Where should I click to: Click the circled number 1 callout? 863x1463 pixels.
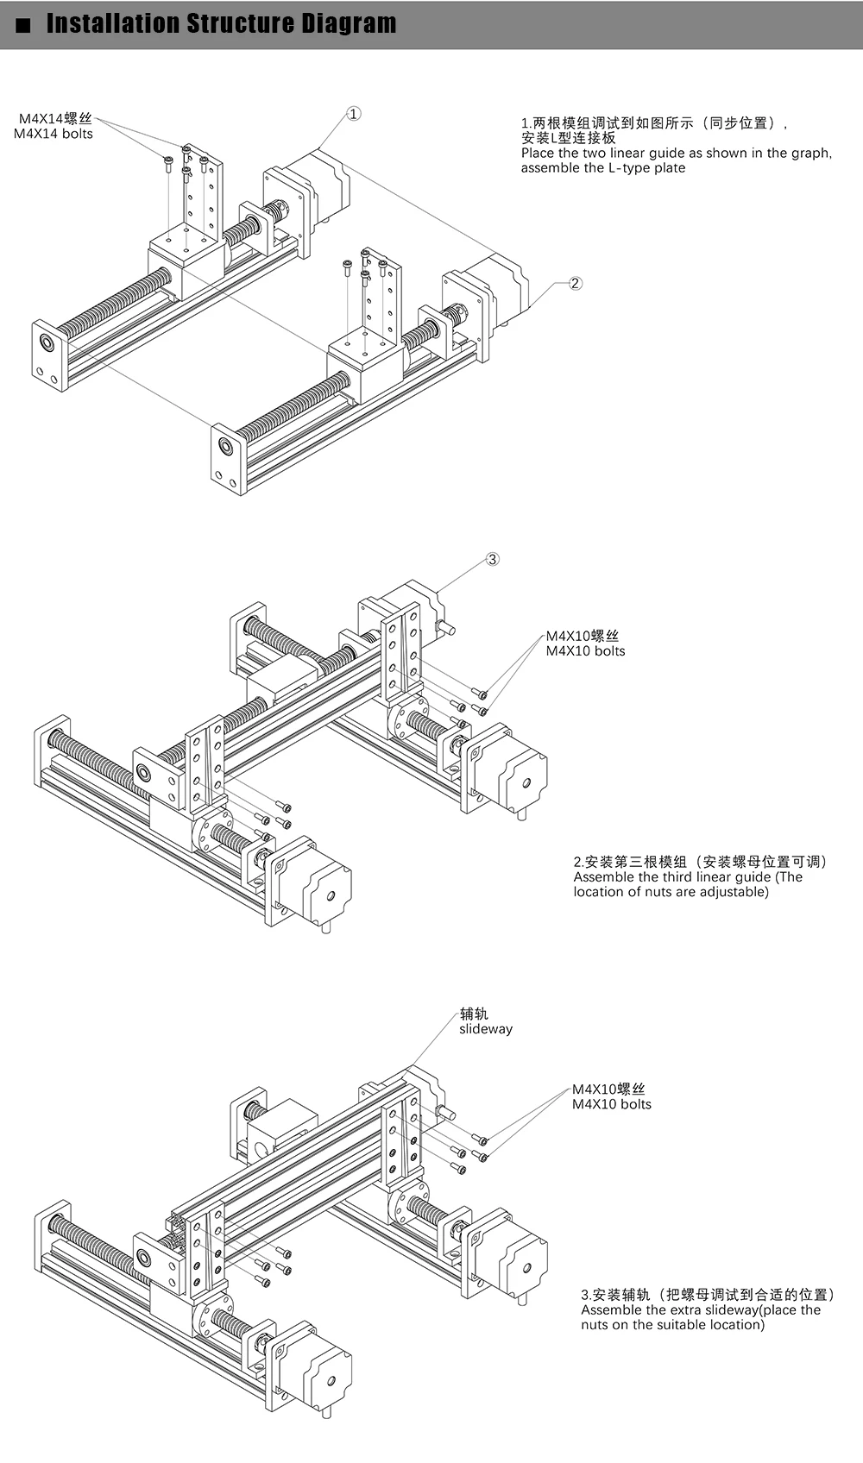[354, 114]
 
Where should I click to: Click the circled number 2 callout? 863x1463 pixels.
[576, 283]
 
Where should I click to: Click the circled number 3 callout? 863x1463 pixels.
[492, 559]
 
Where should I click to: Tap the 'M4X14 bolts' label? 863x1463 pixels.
[54, 134]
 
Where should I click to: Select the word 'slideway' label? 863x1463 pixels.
[486, 1029]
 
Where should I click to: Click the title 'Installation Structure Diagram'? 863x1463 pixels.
[221, 24]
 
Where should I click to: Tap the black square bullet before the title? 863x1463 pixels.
[23, 25]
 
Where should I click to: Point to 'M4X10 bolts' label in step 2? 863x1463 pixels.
[585, 651]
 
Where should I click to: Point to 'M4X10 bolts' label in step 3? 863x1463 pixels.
[612, 1104]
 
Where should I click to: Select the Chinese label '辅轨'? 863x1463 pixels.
[474, 1014]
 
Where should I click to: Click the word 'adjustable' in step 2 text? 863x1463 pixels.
[733, 892]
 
